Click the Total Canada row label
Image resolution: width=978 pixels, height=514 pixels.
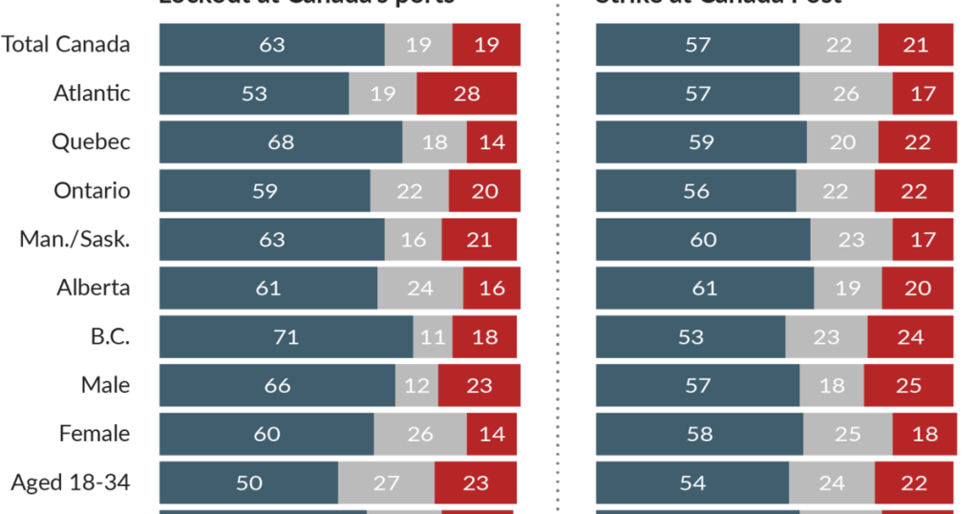point(66,44)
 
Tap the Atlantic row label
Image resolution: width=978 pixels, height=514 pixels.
point(92,93)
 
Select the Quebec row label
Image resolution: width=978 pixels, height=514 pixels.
point(91,141)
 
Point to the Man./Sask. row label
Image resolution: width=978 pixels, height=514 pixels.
point(74,239)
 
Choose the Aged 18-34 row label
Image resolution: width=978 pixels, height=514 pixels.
point(71,482)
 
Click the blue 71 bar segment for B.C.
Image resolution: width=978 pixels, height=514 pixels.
point(286,336)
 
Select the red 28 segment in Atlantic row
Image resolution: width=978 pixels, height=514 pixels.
point(466,93)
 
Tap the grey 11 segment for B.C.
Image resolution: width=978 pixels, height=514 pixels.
point(433,336)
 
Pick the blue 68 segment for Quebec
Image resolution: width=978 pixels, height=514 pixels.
point(281,141)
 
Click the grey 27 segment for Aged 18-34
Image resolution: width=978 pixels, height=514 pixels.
point(386,482)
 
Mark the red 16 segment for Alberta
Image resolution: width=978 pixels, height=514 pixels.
point(492,288)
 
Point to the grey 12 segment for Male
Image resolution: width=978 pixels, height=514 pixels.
point(416,385)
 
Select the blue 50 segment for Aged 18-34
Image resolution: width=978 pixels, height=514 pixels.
point(248,482)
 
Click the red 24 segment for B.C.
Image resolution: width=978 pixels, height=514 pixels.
point(910,336)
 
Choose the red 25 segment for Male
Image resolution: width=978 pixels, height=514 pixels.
point(908,385)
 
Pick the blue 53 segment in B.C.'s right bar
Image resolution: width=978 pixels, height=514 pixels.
point(691,336)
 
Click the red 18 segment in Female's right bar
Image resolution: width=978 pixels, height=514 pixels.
point(924,434)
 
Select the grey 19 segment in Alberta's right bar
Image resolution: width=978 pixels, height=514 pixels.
point(847,288)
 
